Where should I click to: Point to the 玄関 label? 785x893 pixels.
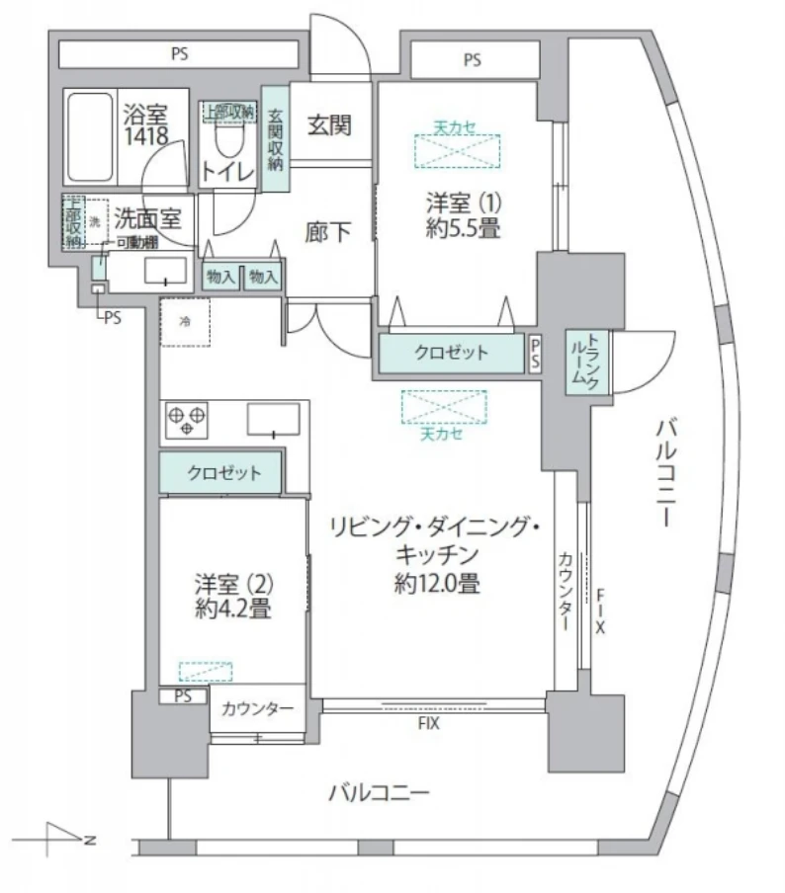coord(329,126)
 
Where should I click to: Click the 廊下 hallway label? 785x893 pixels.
coord(329,233)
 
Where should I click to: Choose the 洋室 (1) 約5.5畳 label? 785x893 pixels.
coord(465,216)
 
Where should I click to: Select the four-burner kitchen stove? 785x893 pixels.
coord(186,420)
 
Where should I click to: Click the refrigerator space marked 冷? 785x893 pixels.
coord(186,322)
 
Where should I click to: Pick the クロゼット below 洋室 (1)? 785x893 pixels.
coord(450,353)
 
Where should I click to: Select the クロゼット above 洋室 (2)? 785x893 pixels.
coord(222,473)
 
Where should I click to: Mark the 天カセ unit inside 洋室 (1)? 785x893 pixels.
coord(456,150)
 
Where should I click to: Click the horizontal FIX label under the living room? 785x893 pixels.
coord(427,722)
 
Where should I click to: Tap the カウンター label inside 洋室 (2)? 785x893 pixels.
coord(256,708)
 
